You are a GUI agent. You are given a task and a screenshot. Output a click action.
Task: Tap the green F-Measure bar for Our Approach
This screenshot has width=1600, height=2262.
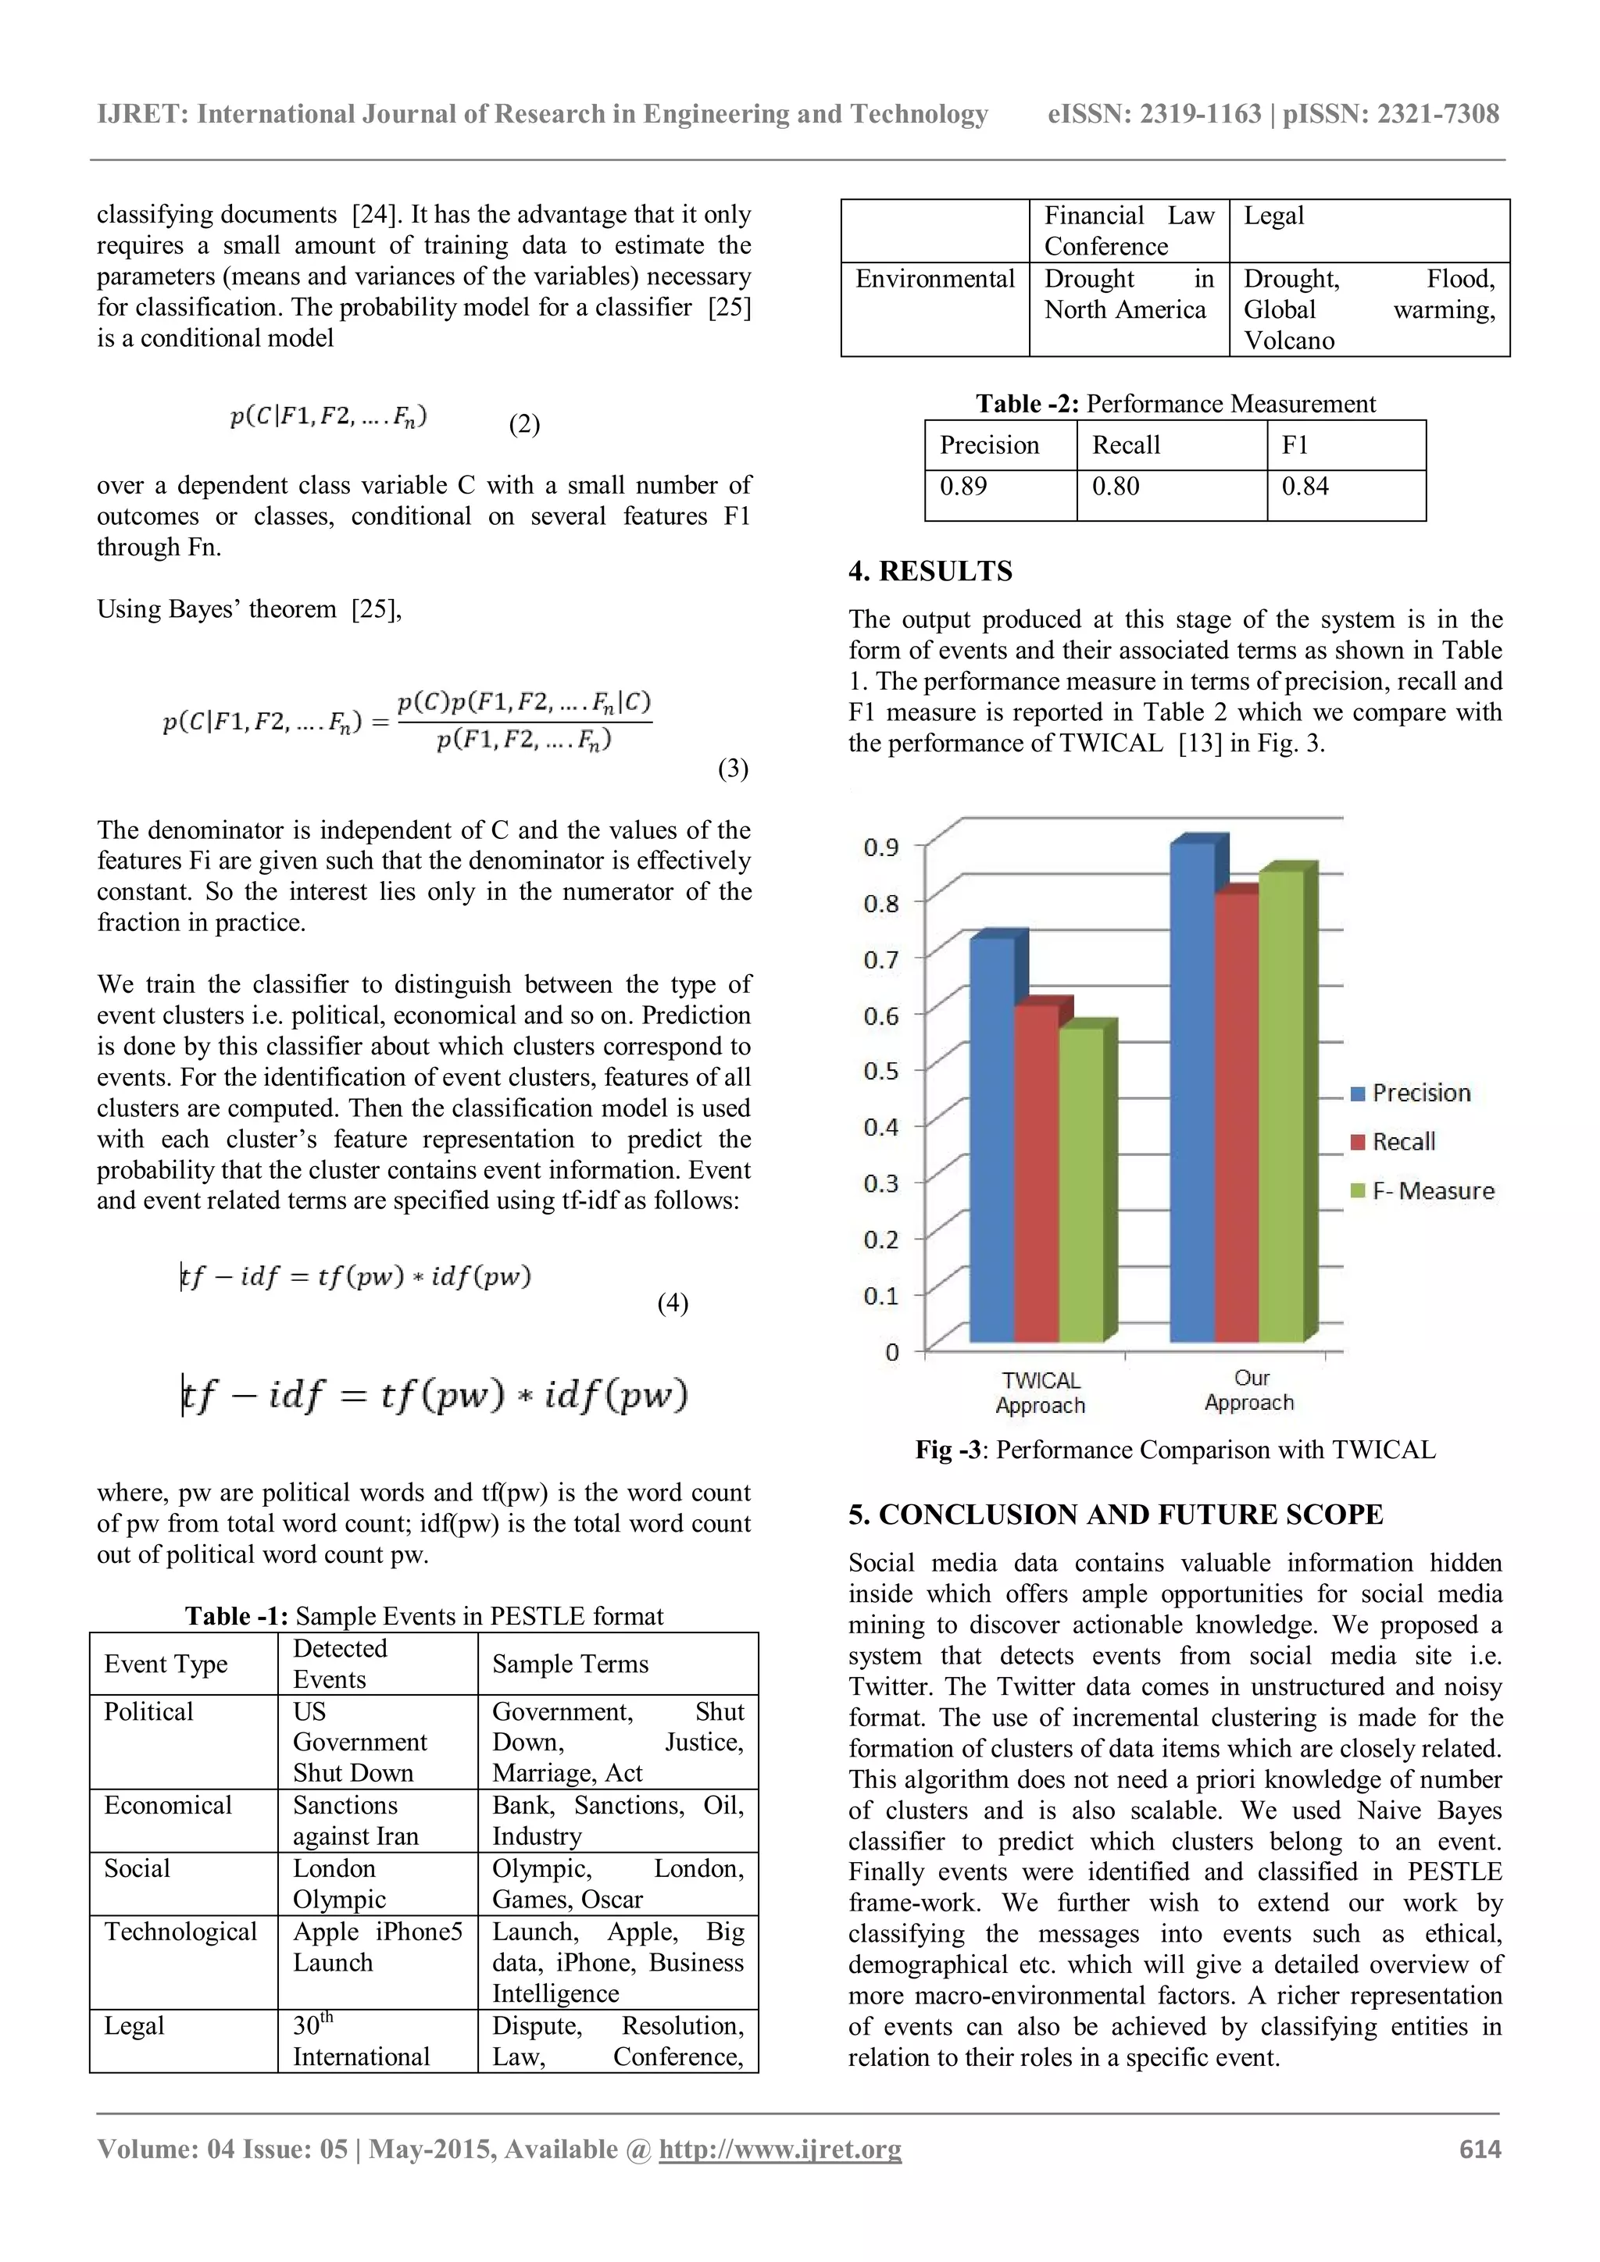pyautogui.click(x=1280, y=1104)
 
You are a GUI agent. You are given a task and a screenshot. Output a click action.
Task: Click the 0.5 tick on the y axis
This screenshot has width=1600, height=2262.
pyautogui.click(x=880, y=1071)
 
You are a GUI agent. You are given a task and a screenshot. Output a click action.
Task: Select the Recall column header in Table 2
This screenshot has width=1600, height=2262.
pyautogui.click(x=1126, y=445)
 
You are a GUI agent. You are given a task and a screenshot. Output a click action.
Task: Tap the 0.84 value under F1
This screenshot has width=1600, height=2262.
pyautogui.click(x=1305, y=487)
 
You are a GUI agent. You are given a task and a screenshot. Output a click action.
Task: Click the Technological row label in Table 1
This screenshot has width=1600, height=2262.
pyautogui.click(x=180, y=1932)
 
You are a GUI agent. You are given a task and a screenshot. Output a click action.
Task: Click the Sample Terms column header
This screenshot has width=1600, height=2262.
pyautogui.click(x=570, y=1664)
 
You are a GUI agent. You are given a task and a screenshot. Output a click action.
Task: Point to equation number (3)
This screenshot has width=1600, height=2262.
pyautogui.click(x=732, y=769)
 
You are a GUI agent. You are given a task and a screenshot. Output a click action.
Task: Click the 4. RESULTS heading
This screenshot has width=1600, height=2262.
pyautogui.click(x=930, y=572)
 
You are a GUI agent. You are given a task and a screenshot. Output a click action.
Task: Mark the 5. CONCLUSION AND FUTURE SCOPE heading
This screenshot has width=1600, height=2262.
pyautogui.click(x=1116, y=1515)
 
